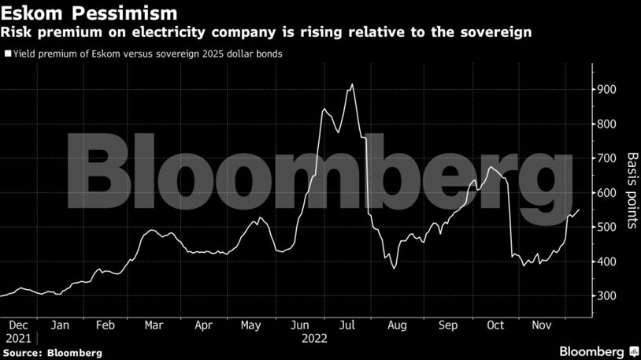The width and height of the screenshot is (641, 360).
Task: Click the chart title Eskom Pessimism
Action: tap(88, 13)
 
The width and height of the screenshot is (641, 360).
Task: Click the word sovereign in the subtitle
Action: tap(493, 32)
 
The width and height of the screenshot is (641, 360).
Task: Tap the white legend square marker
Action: tap(8, 54)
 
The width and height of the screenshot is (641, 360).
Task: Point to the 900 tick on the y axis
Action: tap(607, 90)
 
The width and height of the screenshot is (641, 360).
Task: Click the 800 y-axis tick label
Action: tap(607, 124)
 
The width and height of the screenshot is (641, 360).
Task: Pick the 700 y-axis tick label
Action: tap(607, 158)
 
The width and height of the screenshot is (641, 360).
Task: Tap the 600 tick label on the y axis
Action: tap(607, 193)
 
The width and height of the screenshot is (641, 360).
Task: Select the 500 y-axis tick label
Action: tap(607, 228)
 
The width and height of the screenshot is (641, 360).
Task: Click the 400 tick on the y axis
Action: tap(607, 262)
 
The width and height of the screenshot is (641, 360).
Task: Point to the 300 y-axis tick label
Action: tap(607, 296)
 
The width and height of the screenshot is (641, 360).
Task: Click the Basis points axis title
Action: tap(631, 191)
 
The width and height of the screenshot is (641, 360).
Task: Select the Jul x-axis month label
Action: tap(347, 325)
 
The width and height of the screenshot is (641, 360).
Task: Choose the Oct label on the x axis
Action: tap(495, 325)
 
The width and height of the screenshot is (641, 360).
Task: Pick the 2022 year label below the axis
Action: tap(314, 338)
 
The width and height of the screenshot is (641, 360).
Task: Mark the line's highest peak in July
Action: tap(352, 84)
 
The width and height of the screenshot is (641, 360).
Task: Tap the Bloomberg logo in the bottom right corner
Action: tap(598, 350)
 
